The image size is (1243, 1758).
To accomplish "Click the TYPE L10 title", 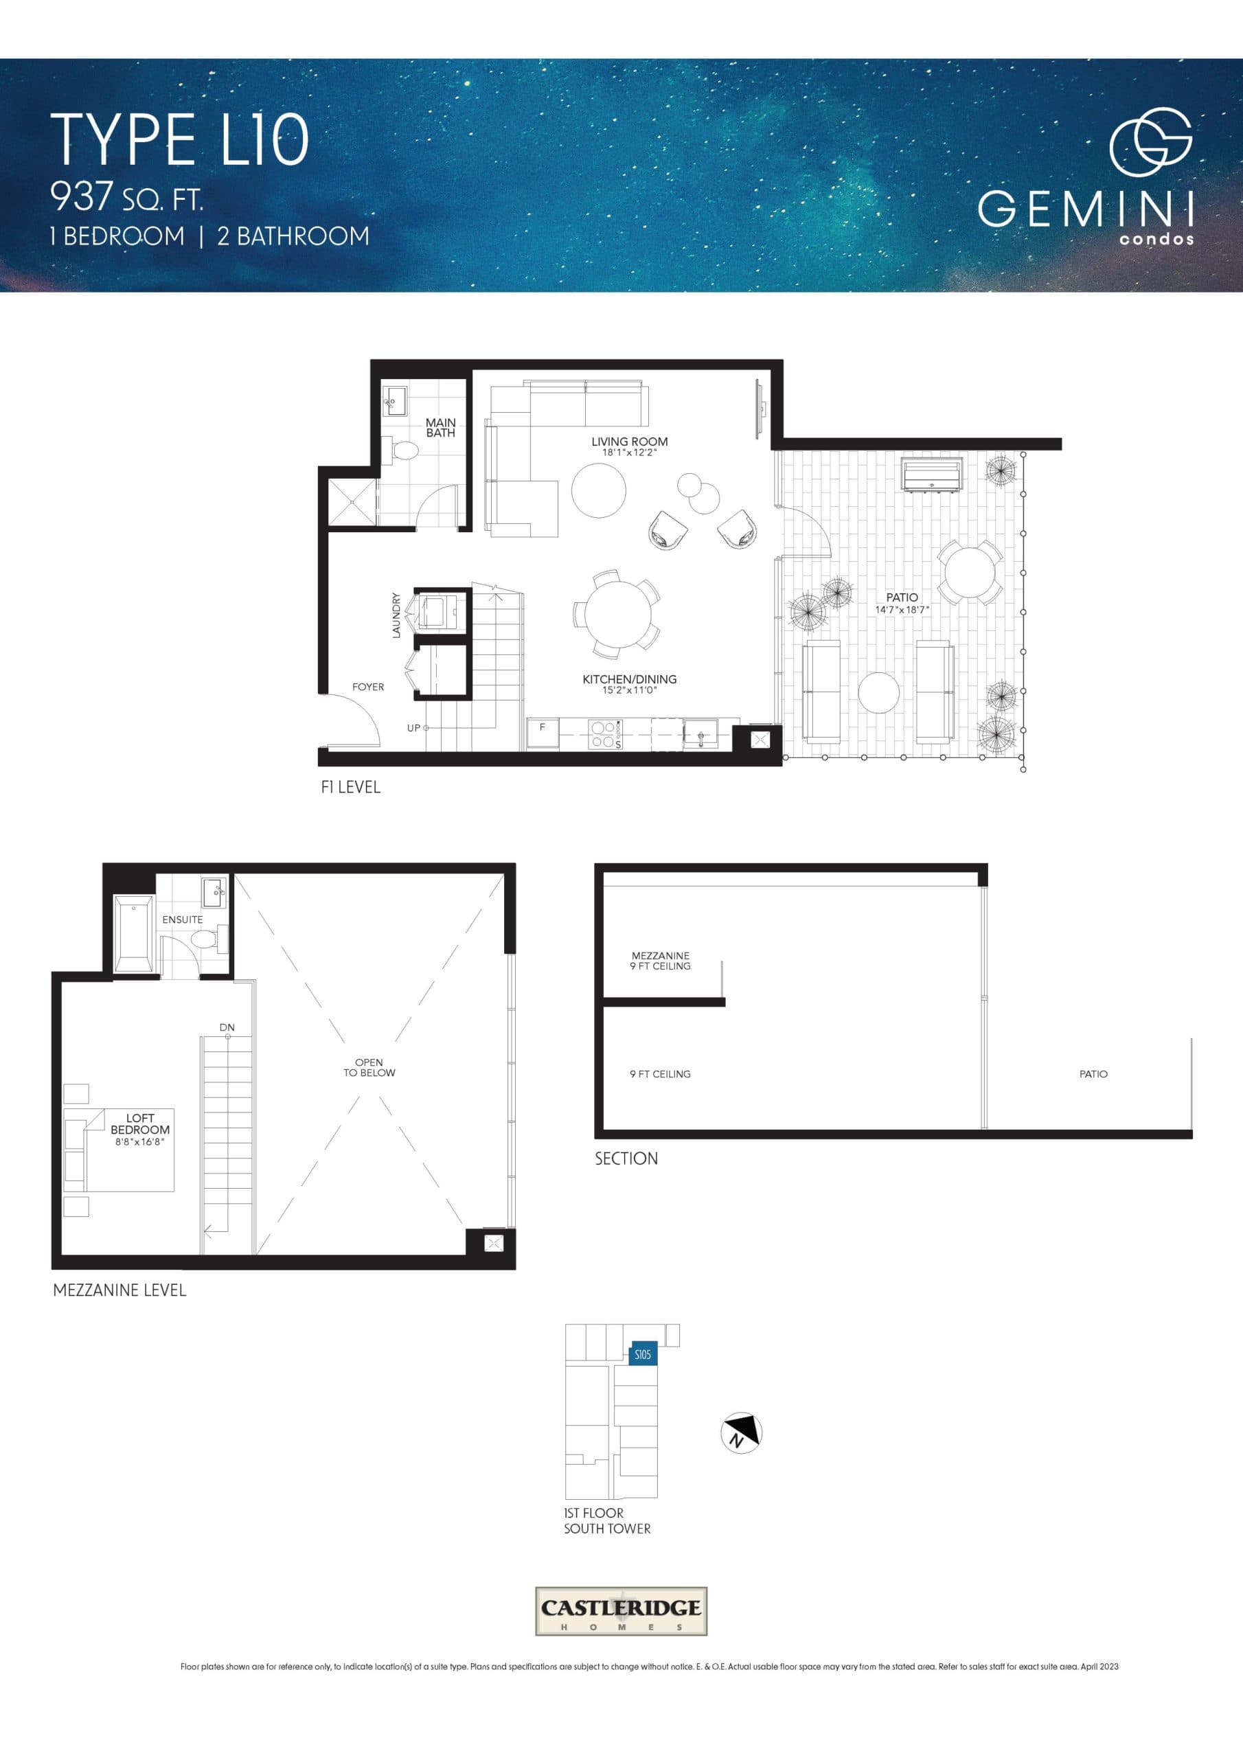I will click(x=179, y=139).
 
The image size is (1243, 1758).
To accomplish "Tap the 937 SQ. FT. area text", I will click(x=126, y=198).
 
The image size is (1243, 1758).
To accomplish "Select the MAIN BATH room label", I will click(x=440, y=427).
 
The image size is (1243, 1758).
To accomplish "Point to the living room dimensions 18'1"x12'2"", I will click(x=629, y=453).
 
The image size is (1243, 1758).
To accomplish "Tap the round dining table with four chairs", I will click(x=617, y=614).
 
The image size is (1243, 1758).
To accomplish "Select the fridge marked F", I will click(x=543, y=733).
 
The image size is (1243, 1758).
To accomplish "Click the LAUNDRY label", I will click(x=396, y=615).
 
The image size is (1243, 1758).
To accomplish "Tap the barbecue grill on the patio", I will click(x=931, y=475).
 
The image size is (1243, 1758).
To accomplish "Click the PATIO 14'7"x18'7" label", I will click(x=902, y=602).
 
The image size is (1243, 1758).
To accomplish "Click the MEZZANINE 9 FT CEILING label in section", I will click(x=660, y=960).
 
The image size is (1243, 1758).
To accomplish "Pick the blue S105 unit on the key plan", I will click(x=642, y=1354).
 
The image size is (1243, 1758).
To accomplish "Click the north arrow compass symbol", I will click(x=740, y=1431).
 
